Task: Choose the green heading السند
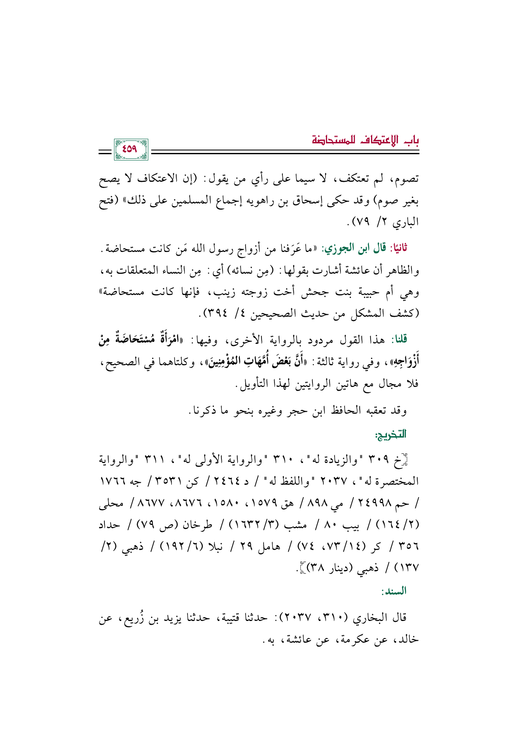pyautogui.click(x=393, y=591)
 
